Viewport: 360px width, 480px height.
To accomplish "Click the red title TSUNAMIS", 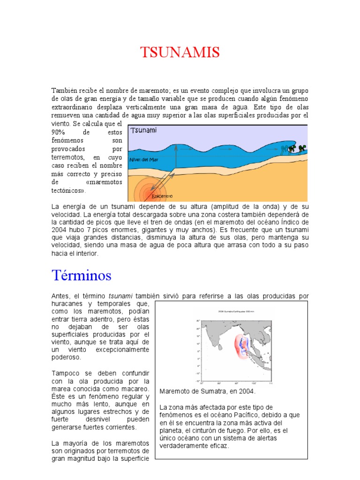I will [180, 52].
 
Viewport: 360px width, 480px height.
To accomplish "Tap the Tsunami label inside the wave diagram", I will [143, 130].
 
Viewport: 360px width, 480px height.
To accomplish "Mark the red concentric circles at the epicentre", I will [146, 193].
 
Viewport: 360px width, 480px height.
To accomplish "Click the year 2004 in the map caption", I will [247, 391].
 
